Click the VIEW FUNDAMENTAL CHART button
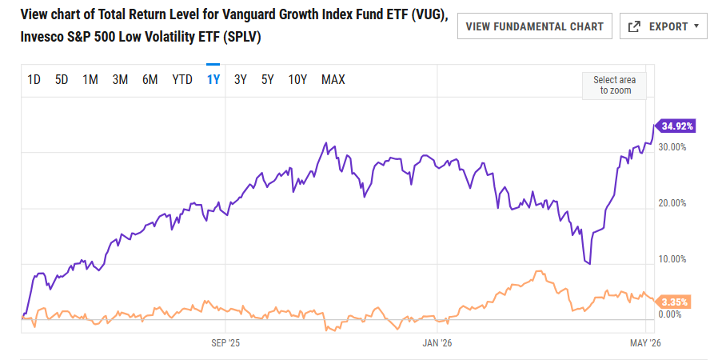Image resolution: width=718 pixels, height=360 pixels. click(x=534, y=26)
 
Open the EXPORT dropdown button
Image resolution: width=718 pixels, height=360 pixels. click(x=664, y=26)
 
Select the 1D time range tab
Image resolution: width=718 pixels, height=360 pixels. click(x=34, y=80)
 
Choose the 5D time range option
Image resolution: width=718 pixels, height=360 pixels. click(x=62, y=80)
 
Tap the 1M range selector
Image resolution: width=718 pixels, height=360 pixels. click(x=90, y=80)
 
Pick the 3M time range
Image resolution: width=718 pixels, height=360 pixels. click(x=120, y=80)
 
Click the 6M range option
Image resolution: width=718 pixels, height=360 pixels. click(x=150, y=80)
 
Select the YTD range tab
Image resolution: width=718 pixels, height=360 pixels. click(x=182, y=80)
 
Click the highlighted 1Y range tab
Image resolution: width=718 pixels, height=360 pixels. click(x=213, y=80)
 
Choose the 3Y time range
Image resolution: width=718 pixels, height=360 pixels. click(x=241, y=80)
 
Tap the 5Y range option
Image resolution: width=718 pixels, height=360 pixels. click(x=267, y=80)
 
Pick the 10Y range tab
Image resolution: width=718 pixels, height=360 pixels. click(x=297, y=80)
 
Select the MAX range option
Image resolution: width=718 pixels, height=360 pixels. click(x=333, y=80)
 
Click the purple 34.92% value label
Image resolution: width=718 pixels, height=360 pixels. click(x=676, y=126)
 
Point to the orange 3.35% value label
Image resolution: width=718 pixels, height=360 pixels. click(x=673, y=302)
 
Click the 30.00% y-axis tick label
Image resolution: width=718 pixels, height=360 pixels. click(x=672, y=147)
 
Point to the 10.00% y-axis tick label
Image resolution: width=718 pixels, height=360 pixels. click(x=672, y=259)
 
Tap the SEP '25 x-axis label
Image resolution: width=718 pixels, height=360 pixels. click(x=225, y=343)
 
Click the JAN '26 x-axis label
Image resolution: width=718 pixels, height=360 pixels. click(x=437, y=343)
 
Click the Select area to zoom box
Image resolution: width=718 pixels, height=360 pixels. click(x=615, y=86)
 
